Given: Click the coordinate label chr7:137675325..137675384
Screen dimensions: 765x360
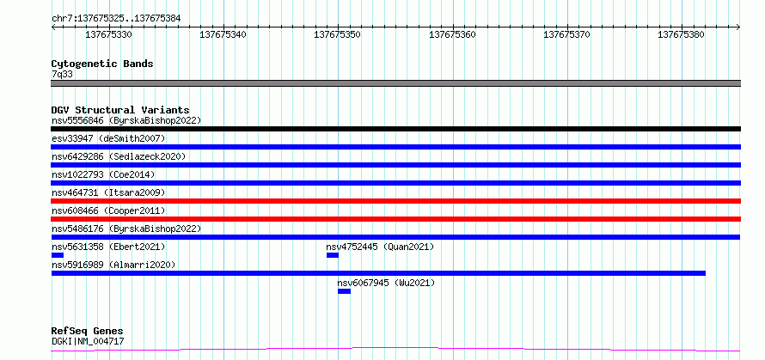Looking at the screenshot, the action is (x=116, y=19).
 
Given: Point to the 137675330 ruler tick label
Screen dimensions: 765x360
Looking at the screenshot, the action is (x=109, y=34).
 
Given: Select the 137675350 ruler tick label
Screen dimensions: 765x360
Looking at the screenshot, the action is (x=338, y=34).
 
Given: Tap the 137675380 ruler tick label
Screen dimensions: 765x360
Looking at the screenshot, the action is (x=682, y=34).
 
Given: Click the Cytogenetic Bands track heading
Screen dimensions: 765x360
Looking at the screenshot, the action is (x=102, y=64).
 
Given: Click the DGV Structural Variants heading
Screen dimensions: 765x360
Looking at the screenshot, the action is (x=120, y=110).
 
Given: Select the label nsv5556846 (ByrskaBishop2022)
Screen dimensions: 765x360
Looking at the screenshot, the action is (x=126, y=120).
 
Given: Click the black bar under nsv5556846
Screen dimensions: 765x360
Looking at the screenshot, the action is (x=395, y=129).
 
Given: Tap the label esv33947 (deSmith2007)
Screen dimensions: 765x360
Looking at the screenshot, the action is (x=108, y=138).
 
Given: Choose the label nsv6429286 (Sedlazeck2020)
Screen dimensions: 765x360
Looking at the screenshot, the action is (x=119, y=156).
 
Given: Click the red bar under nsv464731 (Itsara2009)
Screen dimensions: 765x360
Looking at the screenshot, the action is (x=395, y=201).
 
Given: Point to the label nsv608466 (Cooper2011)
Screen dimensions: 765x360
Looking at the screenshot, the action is (x=108, y=211).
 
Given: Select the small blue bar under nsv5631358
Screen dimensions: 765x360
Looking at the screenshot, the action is (x=58, y=255).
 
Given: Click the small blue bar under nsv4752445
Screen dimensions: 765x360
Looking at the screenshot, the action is (x=333, y=255).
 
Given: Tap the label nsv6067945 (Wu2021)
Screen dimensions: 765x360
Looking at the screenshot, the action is (x=386, y=283).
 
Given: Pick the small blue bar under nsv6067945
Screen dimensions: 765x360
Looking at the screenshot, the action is (x=344, y=291).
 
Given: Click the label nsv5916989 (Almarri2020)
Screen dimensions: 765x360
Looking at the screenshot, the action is (x=113, y=265).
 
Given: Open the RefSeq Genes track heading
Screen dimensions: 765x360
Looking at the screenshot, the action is (x=88, y=332).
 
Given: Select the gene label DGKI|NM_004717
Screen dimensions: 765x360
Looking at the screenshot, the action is (x=88, y=341).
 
